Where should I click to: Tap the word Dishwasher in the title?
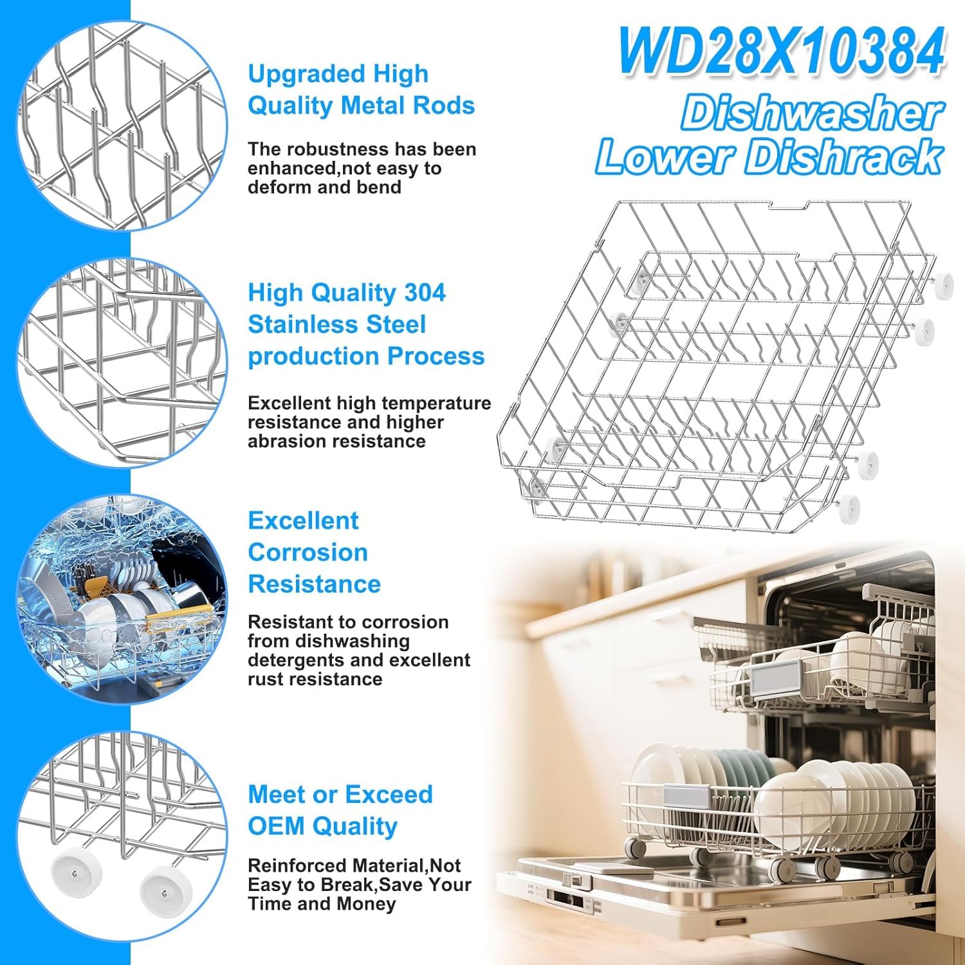point(813,113)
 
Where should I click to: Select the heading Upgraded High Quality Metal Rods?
point(361,89)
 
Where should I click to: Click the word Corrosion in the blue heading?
point(308,552)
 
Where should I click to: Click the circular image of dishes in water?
point(122,600)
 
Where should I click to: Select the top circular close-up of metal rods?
point(122,126)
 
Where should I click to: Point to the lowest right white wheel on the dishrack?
point(850,508)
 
